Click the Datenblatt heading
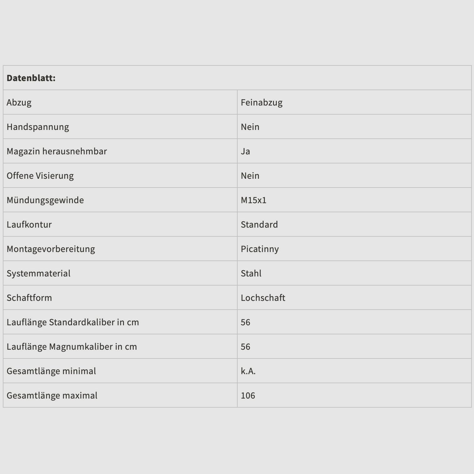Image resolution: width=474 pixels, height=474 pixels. click(31, 78)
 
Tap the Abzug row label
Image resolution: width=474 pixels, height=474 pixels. click(19, 102)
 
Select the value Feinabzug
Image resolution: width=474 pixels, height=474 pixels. click(261, 102)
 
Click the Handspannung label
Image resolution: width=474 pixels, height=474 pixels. click(38, 127)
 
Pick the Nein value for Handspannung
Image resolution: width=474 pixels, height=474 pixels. click(250, 127)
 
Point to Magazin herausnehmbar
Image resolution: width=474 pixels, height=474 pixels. click(57, 151)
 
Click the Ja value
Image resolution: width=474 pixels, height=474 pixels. click(245, 151)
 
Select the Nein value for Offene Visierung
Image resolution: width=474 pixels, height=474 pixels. click(250, 176)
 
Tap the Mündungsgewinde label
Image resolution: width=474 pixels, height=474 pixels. click(45, 200)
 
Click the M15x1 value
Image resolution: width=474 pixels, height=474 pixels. click(253, 200)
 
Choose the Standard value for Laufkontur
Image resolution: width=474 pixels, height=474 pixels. click(259, 224)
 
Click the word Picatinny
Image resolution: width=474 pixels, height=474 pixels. click(260, 249)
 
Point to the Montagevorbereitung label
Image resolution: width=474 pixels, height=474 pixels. click(51, 249)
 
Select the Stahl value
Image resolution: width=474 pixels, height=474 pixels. click(251, 273)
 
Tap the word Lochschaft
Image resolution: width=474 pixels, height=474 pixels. click(263, 298)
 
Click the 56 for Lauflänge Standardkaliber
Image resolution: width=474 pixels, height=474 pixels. click(245, 322)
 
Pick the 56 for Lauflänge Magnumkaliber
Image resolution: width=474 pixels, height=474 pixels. click(245, 347)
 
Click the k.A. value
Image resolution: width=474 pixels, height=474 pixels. click(248, 371)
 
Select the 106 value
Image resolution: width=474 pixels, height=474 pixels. click(248, 395)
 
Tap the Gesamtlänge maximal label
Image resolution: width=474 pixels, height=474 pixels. click(52, 395)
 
